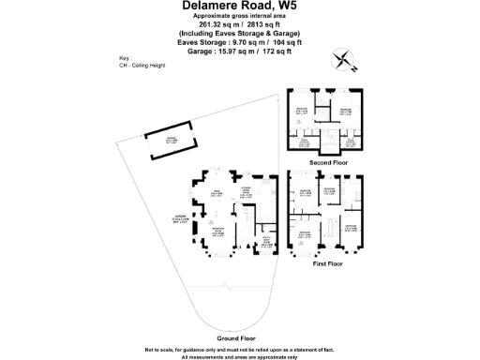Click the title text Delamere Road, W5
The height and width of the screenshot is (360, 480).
(239, 6)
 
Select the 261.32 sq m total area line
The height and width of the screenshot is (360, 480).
(239, 25)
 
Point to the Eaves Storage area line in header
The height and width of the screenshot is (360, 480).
(239, 41)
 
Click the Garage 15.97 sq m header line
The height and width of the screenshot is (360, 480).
(239, 50)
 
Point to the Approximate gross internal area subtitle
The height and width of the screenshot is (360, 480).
(239, 18)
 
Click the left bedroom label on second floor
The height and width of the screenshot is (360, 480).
(303, 111)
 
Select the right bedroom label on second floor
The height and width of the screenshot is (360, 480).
(345, 111)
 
